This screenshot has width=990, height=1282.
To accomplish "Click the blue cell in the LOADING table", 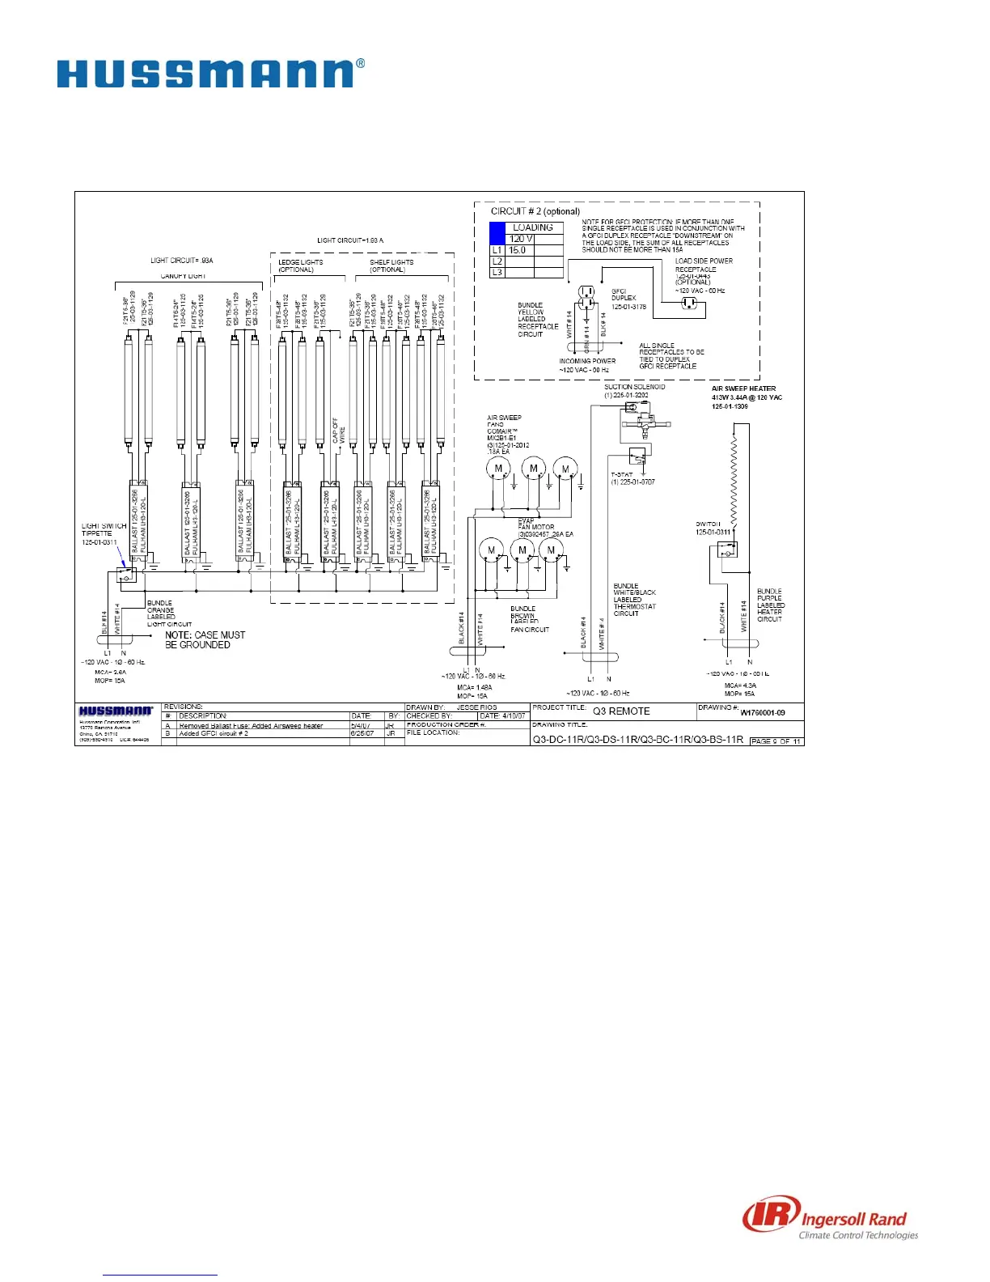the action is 497,234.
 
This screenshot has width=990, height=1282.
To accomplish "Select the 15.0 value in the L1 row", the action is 518,250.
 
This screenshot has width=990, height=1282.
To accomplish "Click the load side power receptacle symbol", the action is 689,303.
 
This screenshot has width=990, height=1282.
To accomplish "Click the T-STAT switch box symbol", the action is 637,457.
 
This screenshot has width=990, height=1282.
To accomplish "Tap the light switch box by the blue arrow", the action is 125,574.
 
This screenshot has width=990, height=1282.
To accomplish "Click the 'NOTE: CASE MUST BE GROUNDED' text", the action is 205,639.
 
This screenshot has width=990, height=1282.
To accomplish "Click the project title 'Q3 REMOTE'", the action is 621,711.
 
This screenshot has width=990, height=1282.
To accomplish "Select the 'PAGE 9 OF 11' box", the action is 776,741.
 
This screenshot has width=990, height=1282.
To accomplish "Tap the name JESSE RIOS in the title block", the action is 476,707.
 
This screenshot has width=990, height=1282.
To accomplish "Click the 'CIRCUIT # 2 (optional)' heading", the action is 535,211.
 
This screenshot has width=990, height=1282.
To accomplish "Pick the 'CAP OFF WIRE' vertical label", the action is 339,430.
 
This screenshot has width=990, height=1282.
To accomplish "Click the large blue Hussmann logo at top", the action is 209,74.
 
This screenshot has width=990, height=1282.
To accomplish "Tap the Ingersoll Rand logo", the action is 831,1220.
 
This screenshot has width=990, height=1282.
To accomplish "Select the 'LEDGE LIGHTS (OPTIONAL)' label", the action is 300,265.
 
